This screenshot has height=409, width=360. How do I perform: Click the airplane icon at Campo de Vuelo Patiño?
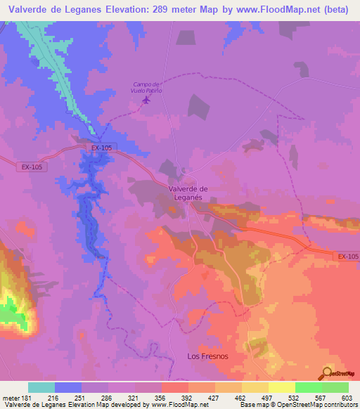click(146, 100)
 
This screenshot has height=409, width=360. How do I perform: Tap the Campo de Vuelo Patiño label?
click(148, 88)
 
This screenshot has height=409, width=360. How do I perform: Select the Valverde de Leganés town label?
click(188, 193)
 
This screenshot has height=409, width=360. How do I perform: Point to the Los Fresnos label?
click(207, 356)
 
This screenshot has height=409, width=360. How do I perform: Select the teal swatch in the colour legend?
click(41, 387)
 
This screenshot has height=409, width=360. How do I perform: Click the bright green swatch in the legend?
click(308, 387)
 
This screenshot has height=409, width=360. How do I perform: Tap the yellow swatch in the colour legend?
click(281, 387)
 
